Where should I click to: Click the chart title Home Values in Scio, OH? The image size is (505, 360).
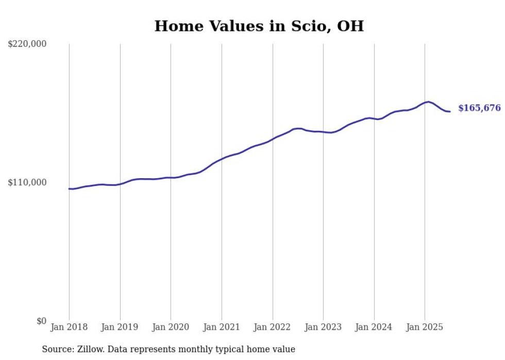(259, 26)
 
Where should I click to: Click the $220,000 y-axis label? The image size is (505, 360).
(27, 44)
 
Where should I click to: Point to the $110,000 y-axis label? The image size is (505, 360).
(27, 182)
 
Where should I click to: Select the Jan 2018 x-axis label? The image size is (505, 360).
(69, 327)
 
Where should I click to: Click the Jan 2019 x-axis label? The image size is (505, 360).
(120, 327)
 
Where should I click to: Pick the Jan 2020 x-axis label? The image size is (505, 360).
(171, 327)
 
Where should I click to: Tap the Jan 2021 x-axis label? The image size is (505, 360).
(222, 327)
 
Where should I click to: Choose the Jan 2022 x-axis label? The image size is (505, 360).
(273, 327)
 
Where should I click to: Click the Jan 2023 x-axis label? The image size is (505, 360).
(323, 327)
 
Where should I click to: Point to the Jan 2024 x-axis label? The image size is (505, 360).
(374, 327)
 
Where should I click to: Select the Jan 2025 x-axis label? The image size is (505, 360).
(425, 327)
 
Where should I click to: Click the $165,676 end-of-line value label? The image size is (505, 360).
(479, 108)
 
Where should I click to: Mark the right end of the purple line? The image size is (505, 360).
(450, 111)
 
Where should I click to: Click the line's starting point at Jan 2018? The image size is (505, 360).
(69, 188)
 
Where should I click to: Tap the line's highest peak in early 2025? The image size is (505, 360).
(428, 102)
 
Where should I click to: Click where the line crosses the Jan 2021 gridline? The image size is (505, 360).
(222, 159)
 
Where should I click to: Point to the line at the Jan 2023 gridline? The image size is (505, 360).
(323, 132)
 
